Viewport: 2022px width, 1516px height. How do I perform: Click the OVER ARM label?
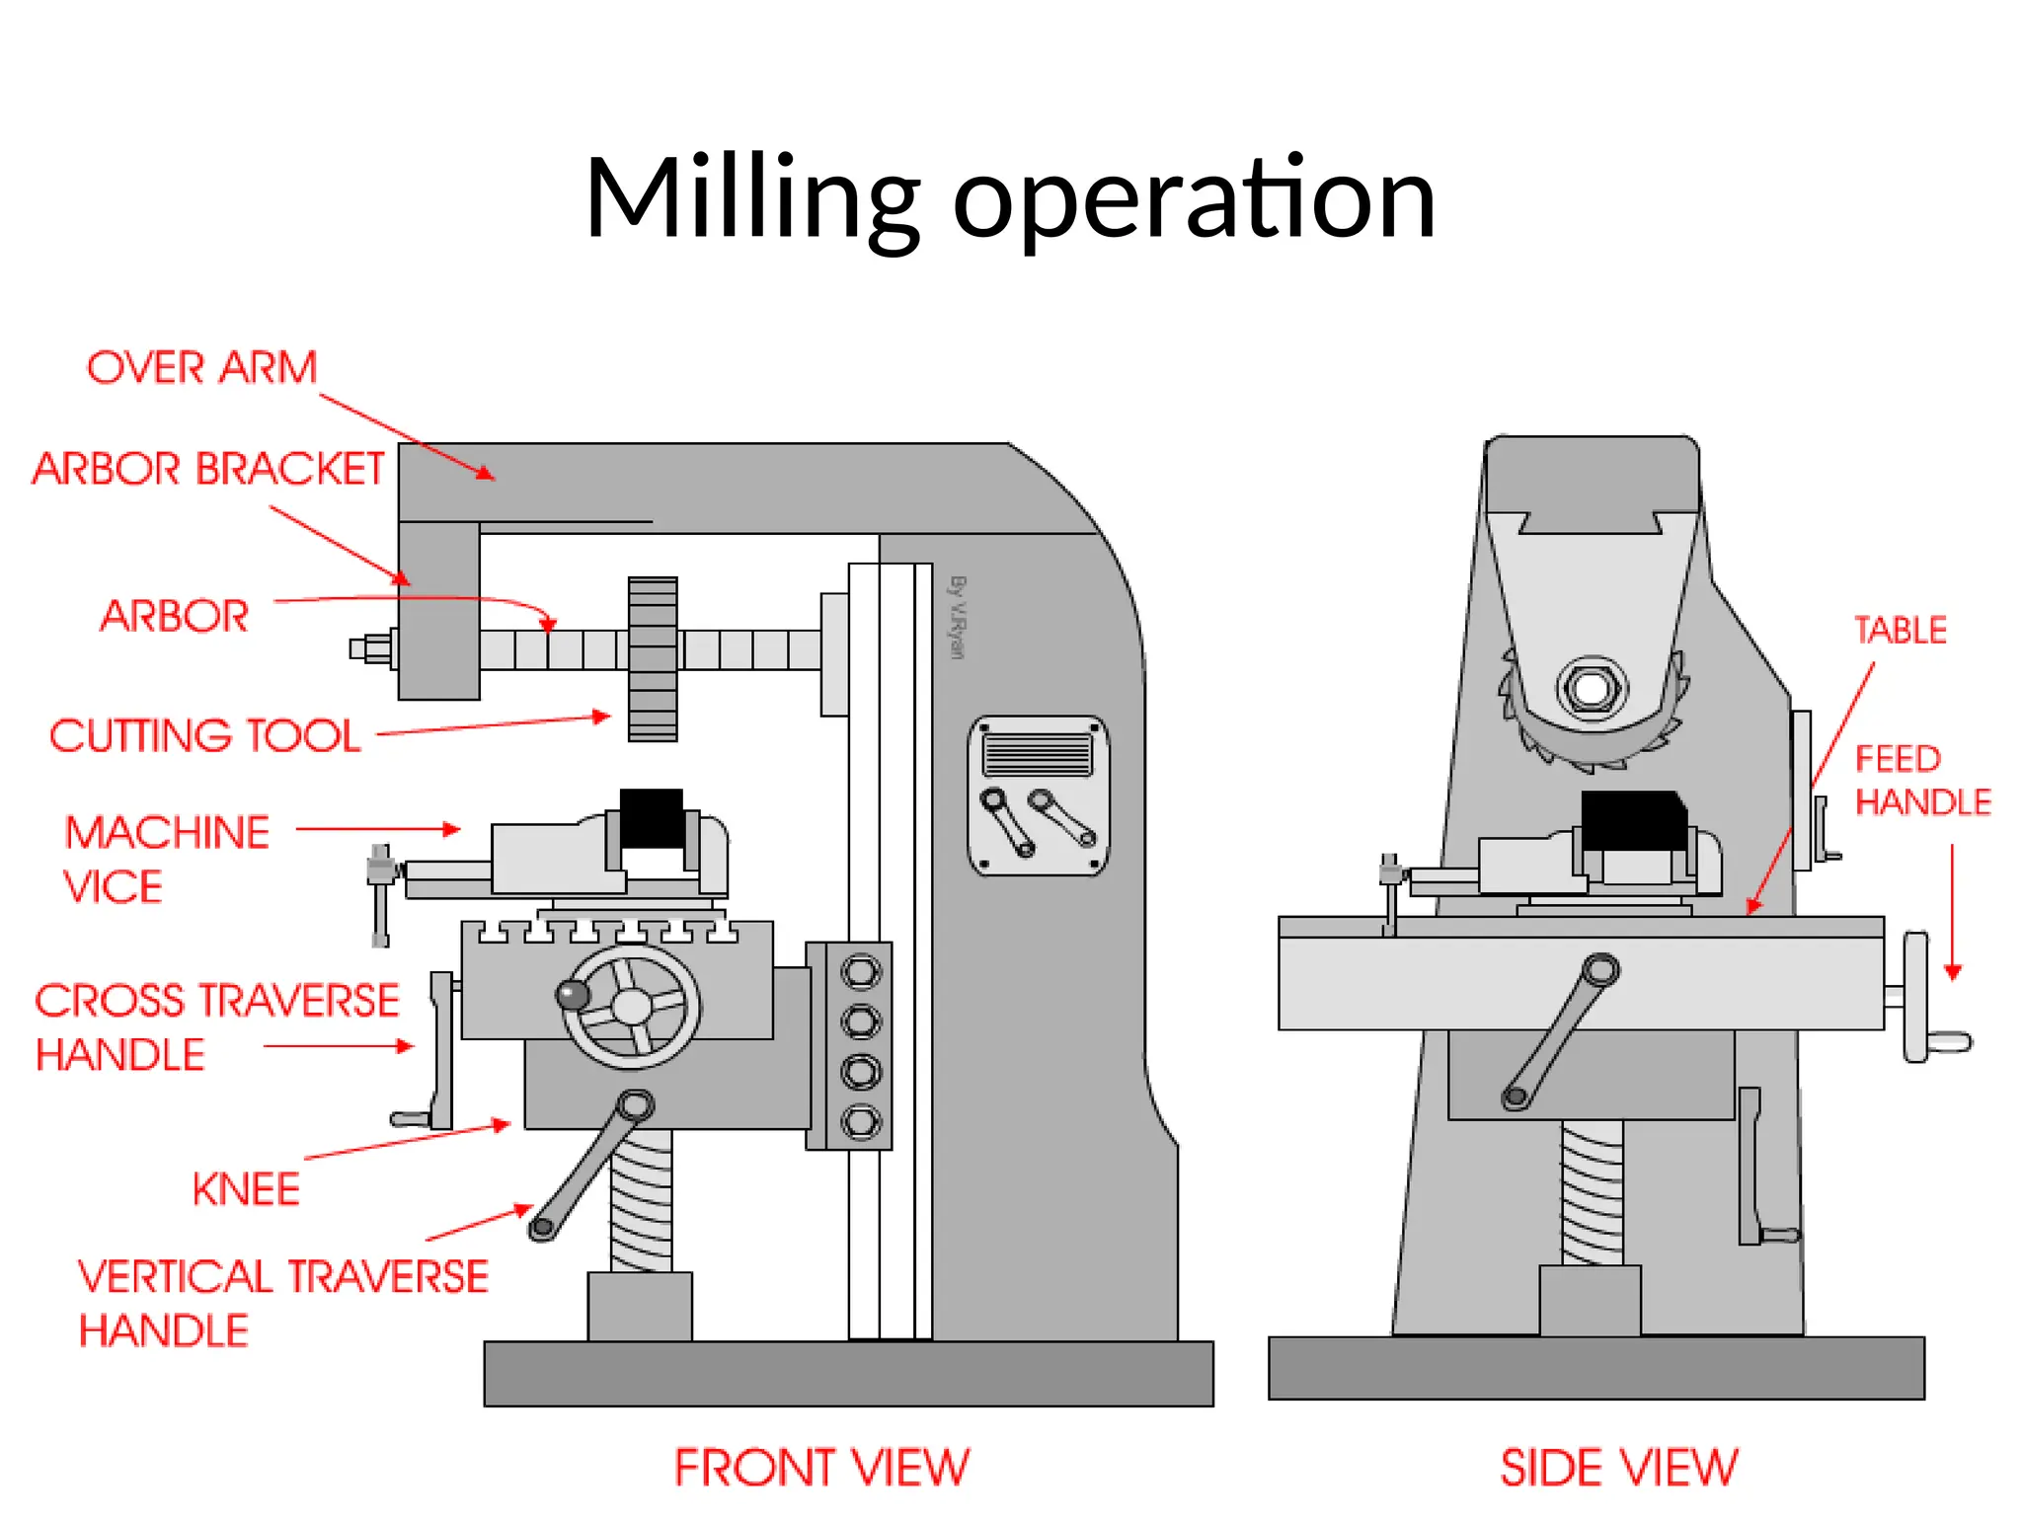coord(202,368)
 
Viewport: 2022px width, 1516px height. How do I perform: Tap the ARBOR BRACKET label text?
coord(208,469)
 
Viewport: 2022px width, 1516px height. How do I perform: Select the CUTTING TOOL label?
coord(205,736)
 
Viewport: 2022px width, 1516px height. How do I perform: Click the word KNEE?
coord(246,1189)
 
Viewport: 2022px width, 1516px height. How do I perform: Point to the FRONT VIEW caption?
coord(821,1468)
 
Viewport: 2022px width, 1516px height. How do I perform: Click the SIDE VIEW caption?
coord(1618,1468)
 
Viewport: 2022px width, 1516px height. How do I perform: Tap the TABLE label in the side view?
coord(1900,630)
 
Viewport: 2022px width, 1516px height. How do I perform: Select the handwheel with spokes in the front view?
coord(632,1007)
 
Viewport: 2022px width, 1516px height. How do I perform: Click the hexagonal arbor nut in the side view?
coord(1591,687)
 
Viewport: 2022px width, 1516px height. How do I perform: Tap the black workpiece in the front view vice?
coord(651,817)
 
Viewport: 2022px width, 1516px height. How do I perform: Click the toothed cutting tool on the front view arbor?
coord(653,659)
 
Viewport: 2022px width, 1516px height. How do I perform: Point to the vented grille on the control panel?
coord(1037,755)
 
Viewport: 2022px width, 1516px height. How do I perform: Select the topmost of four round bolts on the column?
coord(860,972)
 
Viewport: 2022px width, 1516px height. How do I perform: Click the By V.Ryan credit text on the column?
coord(956,617)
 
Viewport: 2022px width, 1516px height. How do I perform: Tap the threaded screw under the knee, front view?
coord(642,1199)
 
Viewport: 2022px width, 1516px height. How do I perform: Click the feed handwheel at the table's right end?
coord(1917,997)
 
